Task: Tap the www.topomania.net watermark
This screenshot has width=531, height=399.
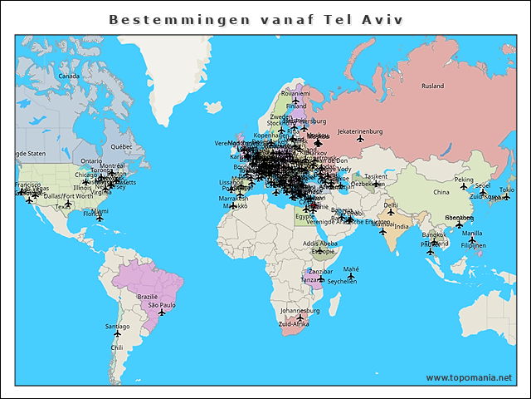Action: coord(469,378)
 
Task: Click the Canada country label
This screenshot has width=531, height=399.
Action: coord(69,76)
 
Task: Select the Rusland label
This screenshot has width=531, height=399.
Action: coord(432,86)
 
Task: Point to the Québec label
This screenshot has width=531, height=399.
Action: coord(121,145)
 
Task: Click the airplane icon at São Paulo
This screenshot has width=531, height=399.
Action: coord(161,314)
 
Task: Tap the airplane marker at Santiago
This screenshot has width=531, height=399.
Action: coord(117,335)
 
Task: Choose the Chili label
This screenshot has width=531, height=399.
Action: coord(117,347)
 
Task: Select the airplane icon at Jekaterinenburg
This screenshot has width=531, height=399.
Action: coord(360,140)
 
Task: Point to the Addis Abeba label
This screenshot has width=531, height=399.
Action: coord(319,244)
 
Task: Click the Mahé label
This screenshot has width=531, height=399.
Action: coord(351,269)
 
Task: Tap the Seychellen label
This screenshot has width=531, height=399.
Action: coord(342,282)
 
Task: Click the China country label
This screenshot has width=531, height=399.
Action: coord(441,192)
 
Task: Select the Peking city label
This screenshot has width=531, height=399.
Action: coord(464,180)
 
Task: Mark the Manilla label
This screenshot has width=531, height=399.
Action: coord(472,234)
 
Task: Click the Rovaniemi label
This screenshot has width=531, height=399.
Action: coord(295,94)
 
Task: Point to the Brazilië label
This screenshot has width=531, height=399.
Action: coord(147,297)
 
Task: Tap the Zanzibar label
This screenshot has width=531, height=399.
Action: coord(320,271)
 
